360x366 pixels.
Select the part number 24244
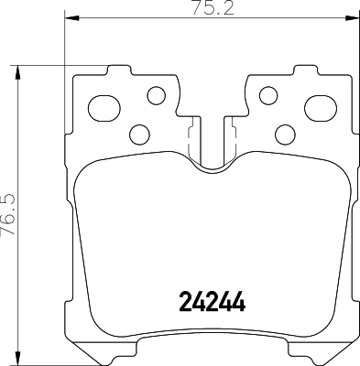tap(210, 301)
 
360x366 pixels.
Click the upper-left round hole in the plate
tap(156, 94)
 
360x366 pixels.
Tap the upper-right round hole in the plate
tap(268, 94)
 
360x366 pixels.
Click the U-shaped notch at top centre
tap(212, 156)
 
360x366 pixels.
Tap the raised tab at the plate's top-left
tap(117, 70)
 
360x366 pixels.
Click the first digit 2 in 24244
tap(181, 301)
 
